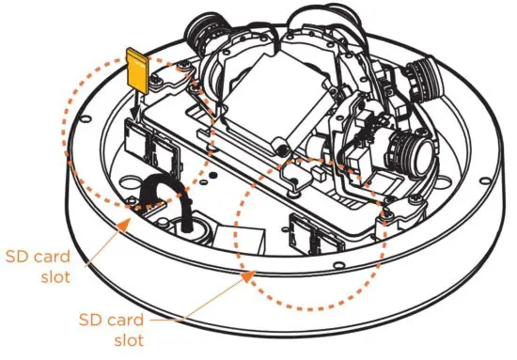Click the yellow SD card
[x=136, y=69]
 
